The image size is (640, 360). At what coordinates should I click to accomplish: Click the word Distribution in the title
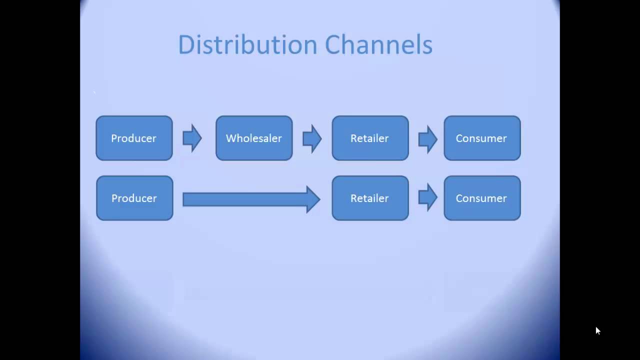(x=247, y=44)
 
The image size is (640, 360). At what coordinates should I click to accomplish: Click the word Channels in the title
(x=378, y=44)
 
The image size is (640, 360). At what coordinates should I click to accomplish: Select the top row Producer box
(x=134, y=138)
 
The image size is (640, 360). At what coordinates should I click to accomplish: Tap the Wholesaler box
(x=254, y=138)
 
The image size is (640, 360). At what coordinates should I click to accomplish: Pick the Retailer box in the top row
(x=370, y=138)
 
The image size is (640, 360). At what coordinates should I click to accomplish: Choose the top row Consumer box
(x=482, y=138)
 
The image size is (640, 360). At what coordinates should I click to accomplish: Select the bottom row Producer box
(x=134, y=198)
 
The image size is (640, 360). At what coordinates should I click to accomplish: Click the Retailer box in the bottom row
(x=370, y=198)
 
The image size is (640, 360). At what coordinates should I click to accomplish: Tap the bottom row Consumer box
(x=482, y=198)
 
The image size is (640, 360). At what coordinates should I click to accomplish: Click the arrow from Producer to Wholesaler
(x=192, y=138)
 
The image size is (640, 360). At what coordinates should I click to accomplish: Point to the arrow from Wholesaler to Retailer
(x=312, y=138)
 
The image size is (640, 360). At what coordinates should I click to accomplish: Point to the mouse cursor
(x=597, y=330)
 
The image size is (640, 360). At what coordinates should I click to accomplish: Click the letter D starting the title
(x=185, y=44)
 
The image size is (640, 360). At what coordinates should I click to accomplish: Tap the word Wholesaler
(x=254, y=138)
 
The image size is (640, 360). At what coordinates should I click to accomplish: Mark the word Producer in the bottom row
(x=134, y=198)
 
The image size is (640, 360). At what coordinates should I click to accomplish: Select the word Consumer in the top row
(x=481, y=138)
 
